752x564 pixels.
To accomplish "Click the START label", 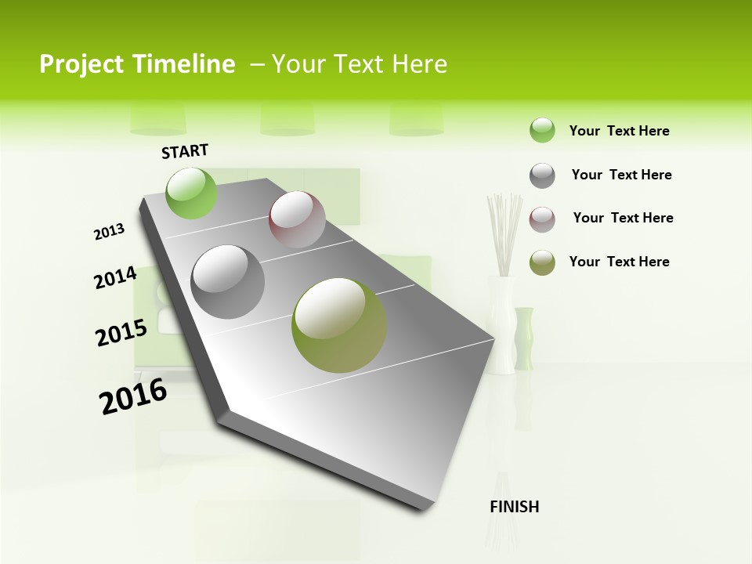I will [x=185, y=151].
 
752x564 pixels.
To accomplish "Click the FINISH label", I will [x=515, y=507].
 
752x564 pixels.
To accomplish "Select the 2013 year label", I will [x=110, y=232].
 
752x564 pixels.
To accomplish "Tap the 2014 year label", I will [x=115, y=277].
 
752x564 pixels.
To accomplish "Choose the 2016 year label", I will [x=133, y=396].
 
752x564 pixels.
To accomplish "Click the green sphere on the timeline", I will [x=192, y=193].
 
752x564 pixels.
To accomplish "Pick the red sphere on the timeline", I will [x=297, y=219].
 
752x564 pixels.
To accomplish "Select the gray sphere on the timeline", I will [x=228, y=281].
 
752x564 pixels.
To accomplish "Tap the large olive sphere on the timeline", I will [x=339, y=325].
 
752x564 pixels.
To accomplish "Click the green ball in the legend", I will [x=542, y=130].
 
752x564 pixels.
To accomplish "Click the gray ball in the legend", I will [x=542, y=175].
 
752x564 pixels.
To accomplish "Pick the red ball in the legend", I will [x=542, y=219].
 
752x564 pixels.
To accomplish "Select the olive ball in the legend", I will [x=542, y=262].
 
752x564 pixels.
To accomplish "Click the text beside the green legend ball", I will [x=619, y=131].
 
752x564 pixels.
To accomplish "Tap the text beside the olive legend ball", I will [x=619, y=262].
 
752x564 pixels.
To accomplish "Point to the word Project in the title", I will [x=81, y=64].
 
